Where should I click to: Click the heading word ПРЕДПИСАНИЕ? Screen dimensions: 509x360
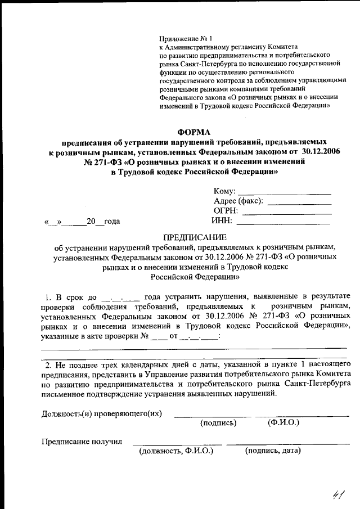coord(194,237)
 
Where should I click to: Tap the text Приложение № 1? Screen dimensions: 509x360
coord(184,39)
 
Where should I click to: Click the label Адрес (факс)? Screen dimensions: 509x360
coord(239,201)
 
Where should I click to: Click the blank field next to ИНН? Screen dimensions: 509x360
coord(287,221)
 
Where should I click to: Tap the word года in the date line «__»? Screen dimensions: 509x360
coord(111,221)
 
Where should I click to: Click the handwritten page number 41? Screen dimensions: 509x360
coord(337,495)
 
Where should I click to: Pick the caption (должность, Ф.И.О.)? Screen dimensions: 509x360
coord(176,451)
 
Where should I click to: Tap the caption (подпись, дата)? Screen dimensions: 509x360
coord(272,451)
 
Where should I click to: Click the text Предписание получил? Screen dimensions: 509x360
coord(82,441)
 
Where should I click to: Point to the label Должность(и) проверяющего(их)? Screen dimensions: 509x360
coord(102,414)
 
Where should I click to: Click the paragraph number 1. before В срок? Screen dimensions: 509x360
coord(48,296)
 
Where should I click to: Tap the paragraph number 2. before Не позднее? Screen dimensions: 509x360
coord(48,366)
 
